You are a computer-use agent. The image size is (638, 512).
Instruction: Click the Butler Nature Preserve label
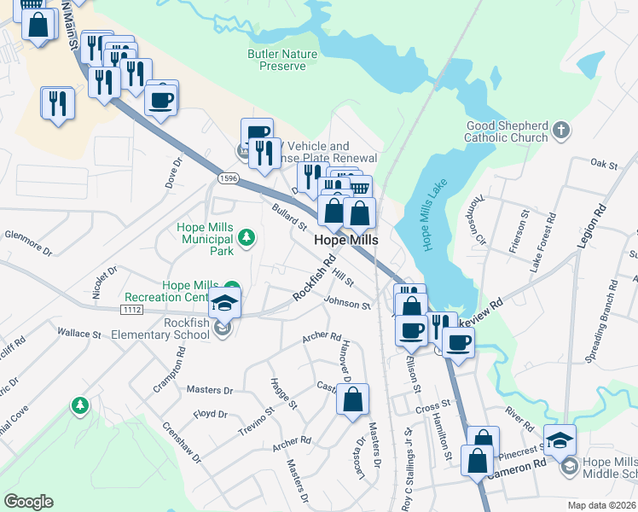pyautogui.click(x=281, y=60)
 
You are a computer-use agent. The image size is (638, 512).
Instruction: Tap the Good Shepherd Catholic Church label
pyautogui.click(x=507, y=131)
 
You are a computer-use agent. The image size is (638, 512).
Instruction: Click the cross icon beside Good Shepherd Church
pyautogui.click(x=560, y=131)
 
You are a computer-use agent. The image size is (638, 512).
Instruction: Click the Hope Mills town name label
pyautogui.click(x=346, y=241)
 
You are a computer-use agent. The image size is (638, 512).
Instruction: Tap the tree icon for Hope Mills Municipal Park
pyautogui.click(x=246, y=236)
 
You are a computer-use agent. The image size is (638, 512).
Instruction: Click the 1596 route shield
pyautogui.click(x=227, y=177)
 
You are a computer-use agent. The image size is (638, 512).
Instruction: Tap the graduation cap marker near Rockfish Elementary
pyautogui.click(x=224, y=303)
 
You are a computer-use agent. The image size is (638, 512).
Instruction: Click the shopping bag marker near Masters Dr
pyautogui.click(x=352, y=399)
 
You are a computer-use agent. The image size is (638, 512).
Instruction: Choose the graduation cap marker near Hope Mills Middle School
pyautogui.click(x=560, y=440)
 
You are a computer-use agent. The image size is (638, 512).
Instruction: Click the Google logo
pyautogui.click(x=28, y=502)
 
